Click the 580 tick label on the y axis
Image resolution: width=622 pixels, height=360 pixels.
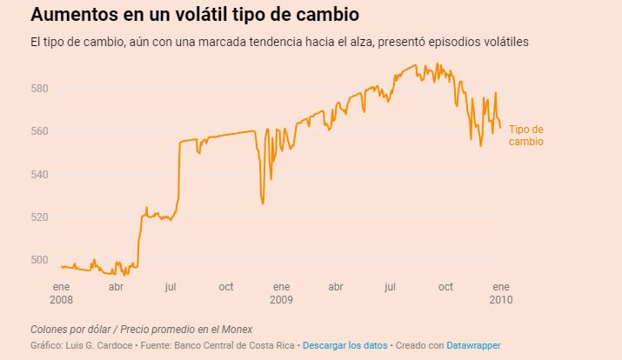click(40, 89)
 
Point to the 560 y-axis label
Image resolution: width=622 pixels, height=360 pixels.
click(40, 131)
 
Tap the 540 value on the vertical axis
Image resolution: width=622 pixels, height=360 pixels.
click(40, 174)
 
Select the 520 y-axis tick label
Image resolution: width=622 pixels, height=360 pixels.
click(40, 217)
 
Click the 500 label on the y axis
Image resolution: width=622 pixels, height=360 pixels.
click(40, 259)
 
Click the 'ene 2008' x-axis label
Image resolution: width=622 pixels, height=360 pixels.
click(61, 292)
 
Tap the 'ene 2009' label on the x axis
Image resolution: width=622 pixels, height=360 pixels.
click(281, 292)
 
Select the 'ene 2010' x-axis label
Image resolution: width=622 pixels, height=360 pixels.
click(501, 292)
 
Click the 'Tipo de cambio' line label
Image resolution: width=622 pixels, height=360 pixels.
click(526, 135)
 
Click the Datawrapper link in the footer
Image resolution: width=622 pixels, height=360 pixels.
click(474, 345)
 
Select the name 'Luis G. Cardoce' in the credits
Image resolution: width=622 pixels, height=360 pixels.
click(100, 345)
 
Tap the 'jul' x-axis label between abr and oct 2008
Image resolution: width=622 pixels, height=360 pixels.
click(171, 286)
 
